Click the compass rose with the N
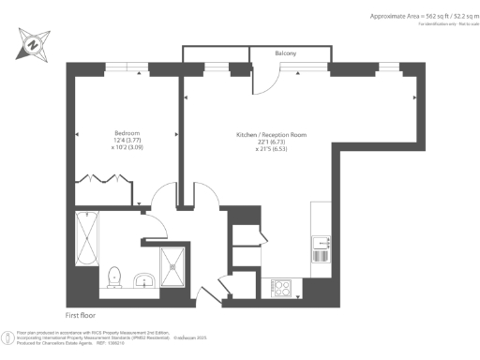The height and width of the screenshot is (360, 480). click(34, 42)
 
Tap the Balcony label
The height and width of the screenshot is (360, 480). click(286, 54)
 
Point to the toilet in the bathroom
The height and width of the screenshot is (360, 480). click(114, 275)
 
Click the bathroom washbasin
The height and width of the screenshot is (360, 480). click(142, 279)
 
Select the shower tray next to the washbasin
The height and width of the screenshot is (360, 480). click(174, 265)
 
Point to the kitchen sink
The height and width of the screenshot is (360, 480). click(321, 248)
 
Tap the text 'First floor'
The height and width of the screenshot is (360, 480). click(82, 315)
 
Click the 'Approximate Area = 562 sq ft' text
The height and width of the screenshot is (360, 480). click(412, 17)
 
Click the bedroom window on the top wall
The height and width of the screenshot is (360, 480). click(118, 67)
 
